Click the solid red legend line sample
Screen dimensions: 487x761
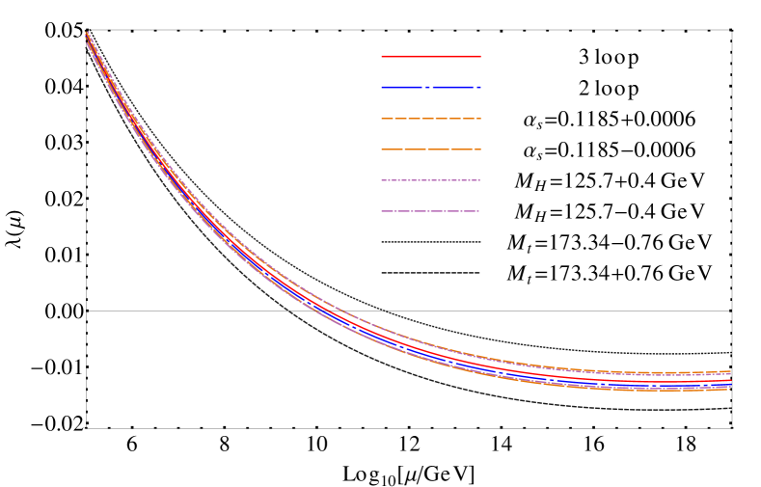(x=431, y=56)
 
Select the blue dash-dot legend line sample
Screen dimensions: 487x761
(x=431, y=87)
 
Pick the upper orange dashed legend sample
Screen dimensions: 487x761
(x=431, y=119)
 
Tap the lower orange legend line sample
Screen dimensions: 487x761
(x=431, y=149)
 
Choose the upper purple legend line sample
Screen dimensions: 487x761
(x=431, y=180)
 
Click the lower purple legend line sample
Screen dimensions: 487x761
(x=431, y=211)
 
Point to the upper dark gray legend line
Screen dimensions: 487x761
(x=431, y=242)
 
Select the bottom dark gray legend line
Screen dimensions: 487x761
(x=431, y=273)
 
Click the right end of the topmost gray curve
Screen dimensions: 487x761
(x=730, y=353)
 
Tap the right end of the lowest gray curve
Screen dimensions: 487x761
(x=730, y=408)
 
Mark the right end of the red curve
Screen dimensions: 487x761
(x=730, y=380)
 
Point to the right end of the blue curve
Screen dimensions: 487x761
(x=730, y=384)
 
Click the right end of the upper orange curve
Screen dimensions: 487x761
(x=730, y=372)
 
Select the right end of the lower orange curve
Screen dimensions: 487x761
(x=730, y=389)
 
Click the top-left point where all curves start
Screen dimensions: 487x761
(x=86, y=33)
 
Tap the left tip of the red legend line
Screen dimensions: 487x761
(x=382, y=56)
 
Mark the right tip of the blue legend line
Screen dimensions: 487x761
(x=480, y=87)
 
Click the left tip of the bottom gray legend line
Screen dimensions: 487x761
(x=382, y=273)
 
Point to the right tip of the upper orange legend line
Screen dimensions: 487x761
(x=480, y=119)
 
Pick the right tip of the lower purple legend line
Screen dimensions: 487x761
(x=479, y=211)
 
